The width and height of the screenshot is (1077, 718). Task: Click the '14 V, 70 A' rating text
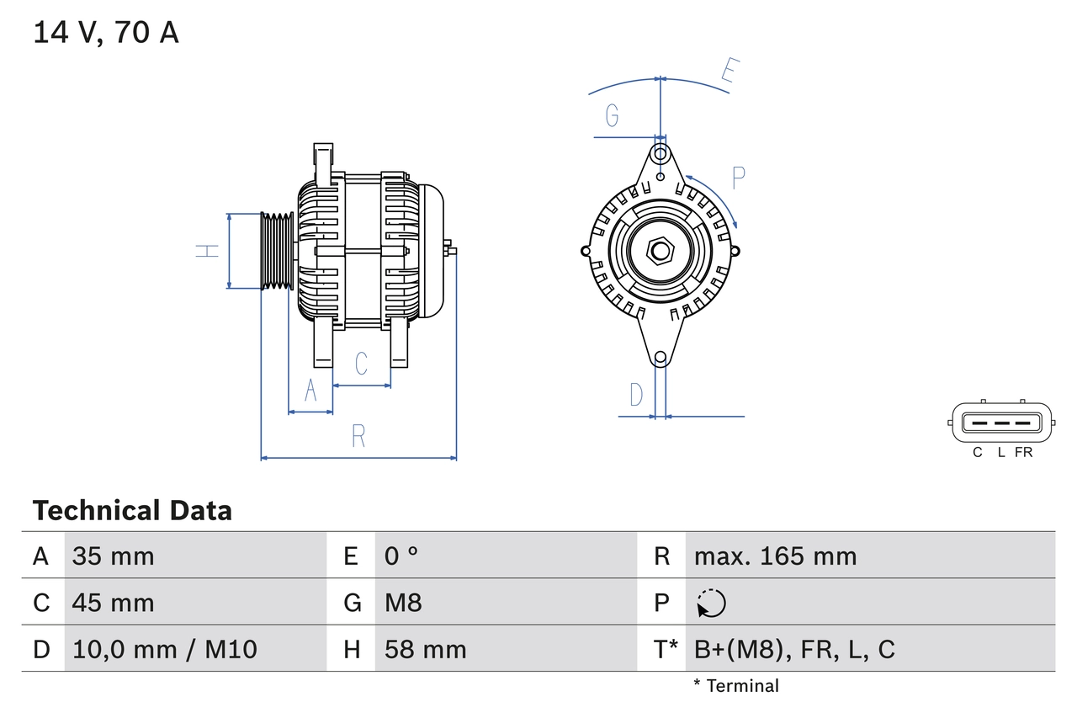(106, 33)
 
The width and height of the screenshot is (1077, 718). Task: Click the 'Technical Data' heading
(132, 511)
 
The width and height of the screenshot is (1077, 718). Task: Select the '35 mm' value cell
(114, 556)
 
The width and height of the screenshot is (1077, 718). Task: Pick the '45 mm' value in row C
(114, 603)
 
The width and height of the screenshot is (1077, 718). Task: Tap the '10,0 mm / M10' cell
(165, 649)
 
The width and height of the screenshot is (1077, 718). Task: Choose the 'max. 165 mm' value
(775, 556)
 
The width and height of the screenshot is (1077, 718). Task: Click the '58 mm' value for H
(425, 649)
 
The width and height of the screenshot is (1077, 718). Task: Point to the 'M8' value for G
(403, 603)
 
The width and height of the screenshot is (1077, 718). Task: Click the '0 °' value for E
(401, 556)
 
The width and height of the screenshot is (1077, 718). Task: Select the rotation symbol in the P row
(711, 603)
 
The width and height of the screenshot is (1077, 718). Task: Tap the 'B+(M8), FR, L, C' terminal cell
(793, 649)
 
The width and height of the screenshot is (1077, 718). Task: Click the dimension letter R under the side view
(358, 436)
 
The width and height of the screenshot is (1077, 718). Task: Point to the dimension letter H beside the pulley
(207, 250)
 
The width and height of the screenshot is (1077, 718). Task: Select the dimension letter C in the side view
(361, 364)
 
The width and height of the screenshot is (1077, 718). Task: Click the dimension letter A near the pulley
(310, 391)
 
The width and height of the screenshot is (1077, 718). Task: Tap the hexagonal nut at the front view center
(661, 250)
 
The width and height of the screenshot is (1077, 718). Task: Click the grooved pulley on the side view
(275, 251)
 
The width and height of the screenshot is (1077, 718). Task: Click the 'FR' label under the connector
(1023, 453)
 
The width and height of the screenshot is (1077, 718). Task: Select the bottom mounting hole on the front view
(661, 358)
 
